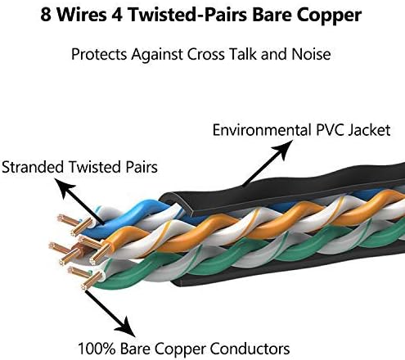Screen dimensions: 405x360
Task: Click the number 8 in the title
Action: [46, 15]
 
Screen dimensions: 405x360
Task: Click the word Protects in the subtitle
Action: [99, 54]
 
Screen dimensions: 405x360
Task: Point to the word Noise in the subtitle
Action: [311, 54]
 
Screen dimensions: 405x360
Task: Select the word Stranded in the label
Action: [33, 167]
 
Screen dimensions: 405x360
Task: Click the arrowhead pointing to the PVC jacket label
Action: [284, 149]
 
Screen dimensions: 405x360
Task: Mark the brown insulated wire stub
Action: [79, 250]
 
